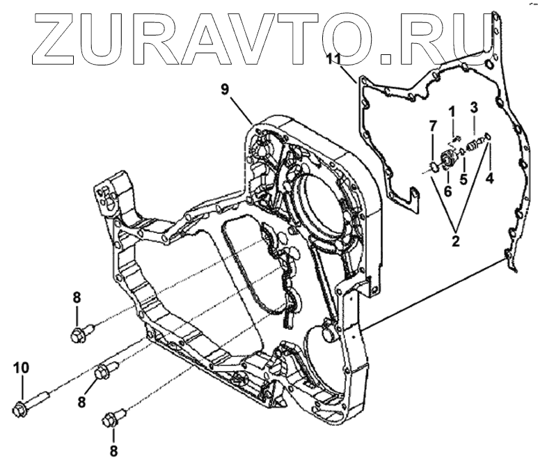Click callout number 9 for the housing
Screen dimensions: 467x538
click(x=225, y=89)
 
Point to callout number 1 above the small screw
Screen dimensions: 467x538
click(x=451, y=111)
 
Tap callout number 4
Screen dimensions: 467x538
click(x=489, y=179)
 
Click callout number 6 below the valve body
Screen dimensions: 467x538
click(x=449, y=190)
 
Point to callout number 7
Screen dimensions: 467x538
click(x=432, y=125)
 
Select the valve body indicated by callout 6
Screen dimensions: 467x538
click(x=448, y=157)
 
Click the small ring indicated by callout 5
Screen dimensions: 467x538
click(x=463, y=151)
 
